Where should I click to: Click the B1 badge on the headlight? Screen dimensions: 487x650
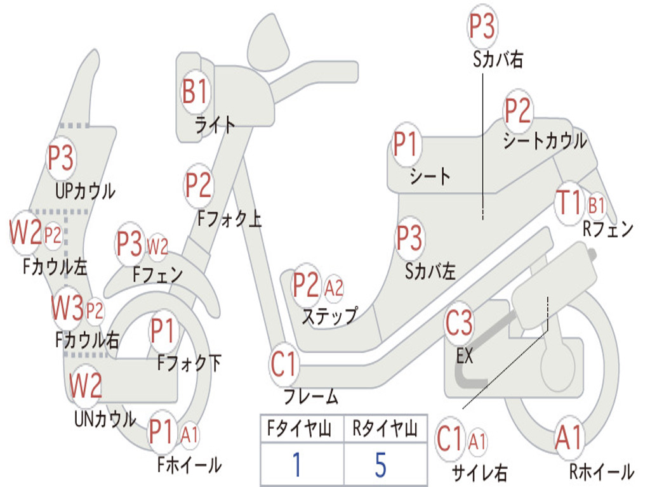(194, 93)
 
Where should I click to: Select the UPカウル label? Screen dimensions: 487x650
(85, 191)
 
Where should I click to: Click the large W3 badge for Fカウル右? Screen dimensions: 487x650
(67, 309)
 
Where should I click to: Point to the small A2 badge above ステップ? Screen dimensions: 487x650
(334, 289)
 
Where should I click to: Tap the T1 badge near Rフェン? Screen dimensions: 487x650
(568, 203)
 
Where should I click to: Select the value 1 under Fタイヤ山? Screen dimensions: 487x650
(296, 465)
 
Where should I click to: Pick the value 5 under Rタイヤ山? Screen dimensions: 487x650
(381, 465)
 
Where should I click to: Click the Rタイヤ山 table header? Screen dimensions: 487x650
(385, 431)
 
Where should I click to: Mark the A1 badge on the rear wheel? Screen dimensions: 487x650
(568, 438)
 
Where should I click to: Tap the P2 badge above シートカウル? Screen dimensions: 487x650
(517, 112)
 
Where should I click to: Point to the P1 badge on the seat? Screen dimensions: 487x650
(406, 145)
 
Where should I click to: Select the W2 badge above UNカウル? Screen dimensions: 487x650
(86, 385)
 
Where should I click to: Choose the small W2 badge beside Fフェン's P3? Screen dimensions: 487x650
(157, 245)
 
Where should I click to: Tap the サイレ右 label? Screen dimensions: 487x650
(479, 471)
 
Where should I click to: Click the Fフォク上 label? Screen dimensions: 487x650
(229, 219)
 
